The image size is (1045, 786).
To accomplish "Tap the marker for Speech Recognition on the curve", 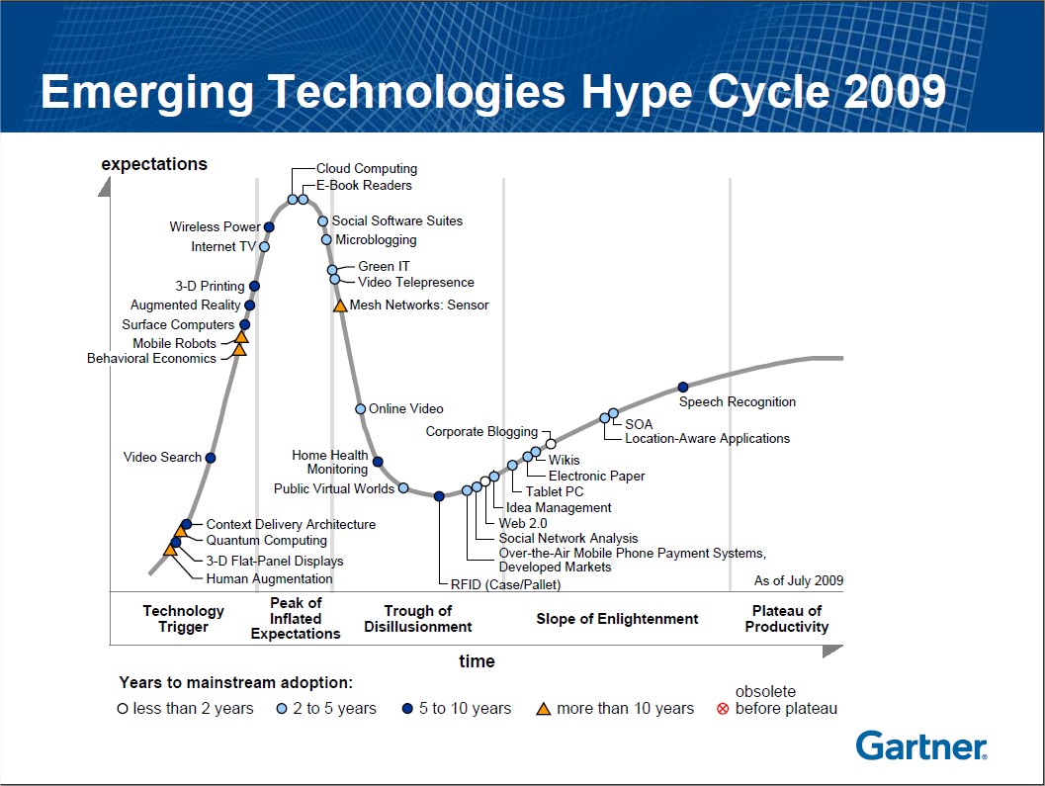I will click(x=682, y=387).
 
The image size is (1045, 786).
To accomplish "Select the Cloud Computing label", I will click(x=366, y=169).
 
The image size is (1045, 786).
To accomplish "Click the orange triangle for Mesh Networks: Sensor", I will click(x=340, y=306).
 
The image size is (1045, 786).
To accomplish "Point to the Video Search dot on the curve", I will click(x=211, y=458).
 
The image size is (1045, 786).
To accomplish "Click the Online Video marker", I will click(x=361, y=408).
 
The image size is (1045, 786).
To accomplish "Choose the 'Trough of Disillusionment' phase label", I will click(x=417, y=619).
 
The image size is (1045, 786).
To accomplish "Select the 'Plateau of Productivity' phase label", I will click(x=787, y=619).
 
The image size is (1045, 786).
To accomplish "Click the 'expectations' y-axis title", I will click(x=154, y=164).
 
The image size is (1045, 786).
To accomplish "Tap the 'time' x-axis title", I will click(x=477, y=661).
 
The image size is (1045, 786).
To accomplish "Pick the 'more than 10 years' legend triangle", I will click(x=542, y=708).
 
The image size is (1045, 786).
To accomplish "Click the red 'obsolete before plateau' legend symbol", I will click(x=723, y=709).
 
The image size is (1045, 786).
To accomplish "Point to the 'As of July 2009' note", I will click(x=798, y=581).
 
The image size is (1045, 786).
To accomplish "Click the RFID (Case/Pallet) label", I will click(x=505, y=584).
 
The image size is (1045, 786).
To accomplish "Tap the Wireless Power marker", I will click(x=269, y=227).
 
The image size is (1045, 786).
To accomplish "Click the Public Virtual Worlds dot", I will click(x=403, y=488).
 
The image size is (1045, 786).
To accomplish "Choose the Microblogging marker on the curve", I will click(x=326, y=239).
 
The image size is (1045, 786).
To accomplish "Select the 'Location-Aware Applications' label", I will click(x=707, y=438).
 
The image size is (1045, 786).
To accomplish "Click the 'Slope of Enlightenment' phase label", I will click(x=617, y=619).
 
